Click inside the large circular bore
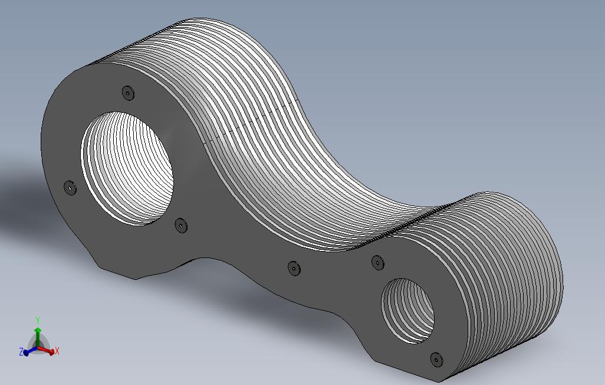[x=127, y=168]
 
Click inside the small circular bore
[x=408, y=311]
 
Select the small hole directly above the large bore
[x=128, y=93]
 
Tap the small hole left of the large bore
[x=70, y=188]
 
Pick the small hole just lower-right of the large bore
[x=181, y=226]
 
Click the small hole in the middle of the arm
[x=294, y=268]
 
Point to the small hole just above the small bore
[x=378, y=262]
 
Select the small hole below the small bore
[x=436, y=360]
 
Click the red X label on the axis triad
[x=57, y=351]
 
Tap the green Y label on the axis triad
[x=38, y=321]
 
